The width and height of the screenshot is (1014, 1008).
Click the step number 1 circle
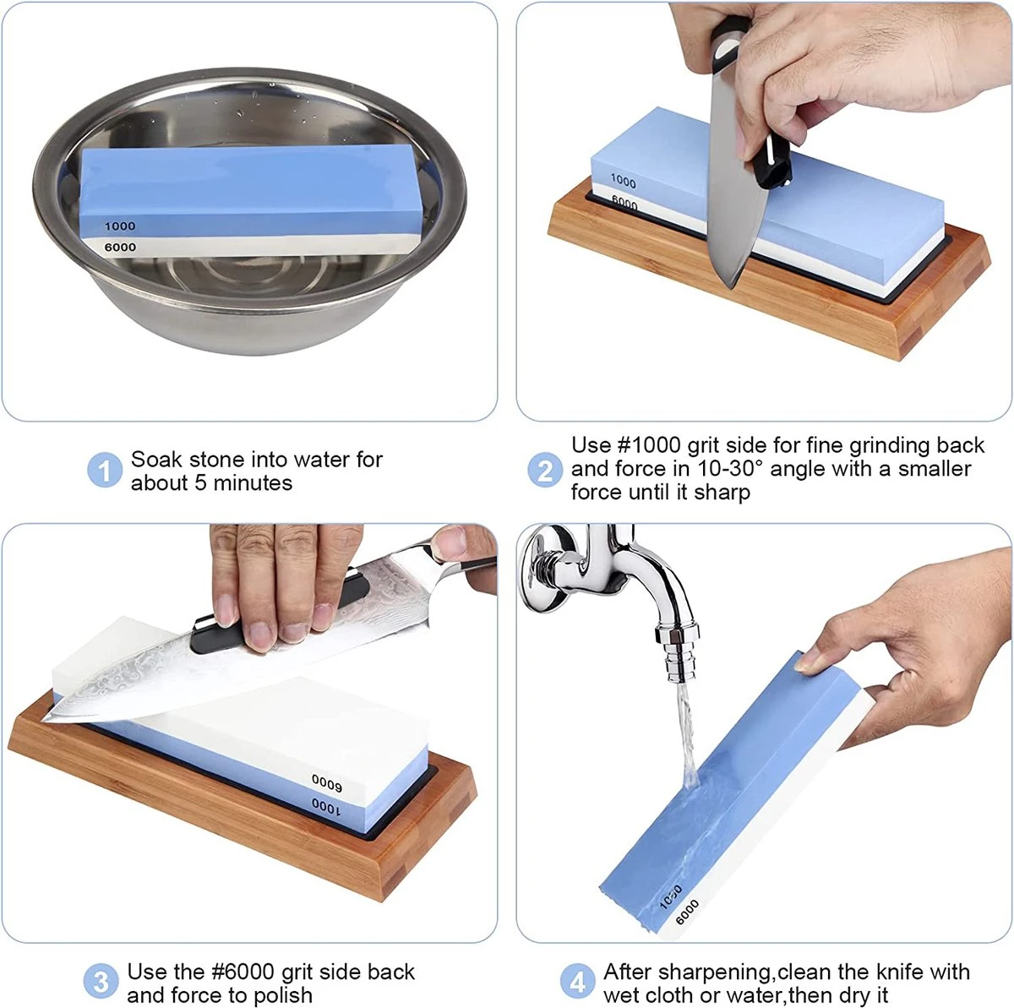click(x=105, y=470)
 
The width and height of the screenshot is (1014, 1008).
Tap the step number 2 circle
click(x=545, y=470)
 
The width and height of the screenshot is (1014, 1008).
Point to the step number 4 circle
click(x=577, y=981)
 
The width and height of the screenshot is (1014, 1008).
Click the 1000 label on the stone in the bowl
click(x=120, y=226)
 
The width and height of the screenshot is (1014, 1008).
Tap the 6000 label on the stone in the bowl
click(x=120, y=247)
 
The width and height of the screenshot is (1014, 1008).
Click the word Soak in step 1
click(x=157, y=460)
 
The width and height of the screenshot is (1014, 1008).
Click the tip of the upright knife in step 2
click(x=730, y=288)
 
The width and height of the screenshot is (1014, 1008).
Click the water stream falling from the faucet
click(x=687, y=737)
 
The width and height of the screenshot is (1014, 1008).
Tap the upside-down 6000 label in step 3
click(x=327, y=782)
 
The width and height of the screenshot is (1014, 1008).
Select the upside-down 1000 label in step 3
click(x=325, y=807)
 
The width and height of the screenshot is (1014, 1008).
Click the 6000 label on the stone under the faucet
click(x=687, y=913)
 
